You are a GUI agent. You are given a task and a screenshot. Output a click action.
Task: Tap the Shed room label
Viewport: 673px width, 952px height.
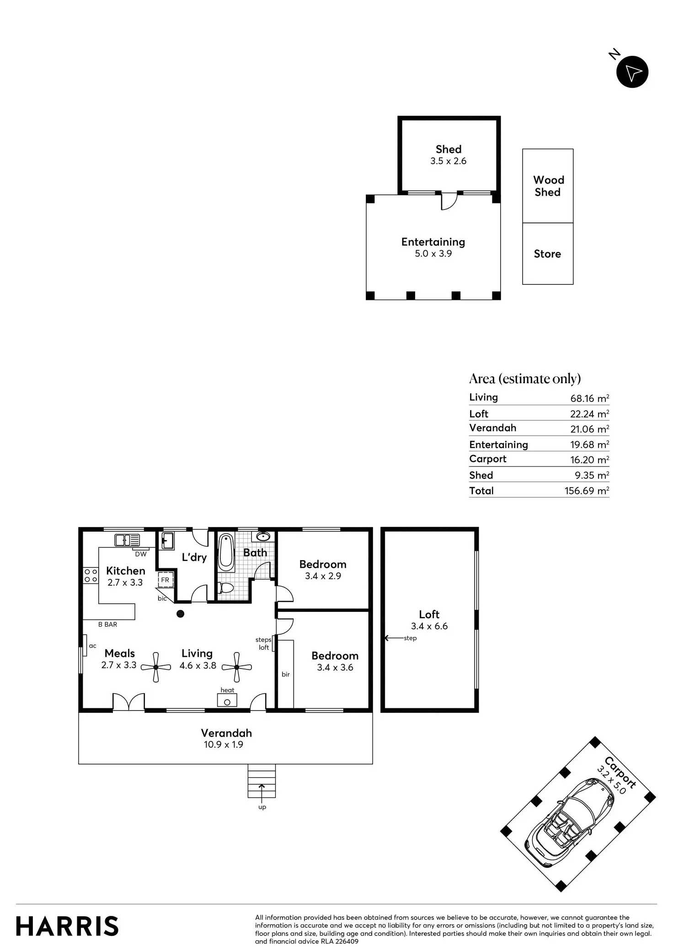(x=448, y=150)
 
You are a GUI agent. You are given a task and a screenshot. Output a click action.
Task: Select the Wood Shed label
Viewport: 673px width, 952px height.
(x=548, y=186)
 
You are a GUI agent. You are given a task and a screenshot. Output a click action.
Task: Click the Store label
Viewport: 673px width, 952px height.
(x=547, y=254)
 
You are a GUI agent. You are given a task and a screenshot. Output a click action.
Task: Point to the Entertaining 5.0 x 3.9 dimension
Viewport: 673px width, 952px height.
(x=433, y=254)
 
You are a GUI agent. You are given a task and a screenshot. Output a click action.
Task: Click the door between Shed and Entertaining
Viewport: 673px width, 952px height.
(x=449, y=201)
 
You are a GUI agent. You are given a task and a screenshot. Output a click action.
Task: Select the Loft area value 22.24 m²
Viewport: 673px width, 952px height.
(x=589, y=414)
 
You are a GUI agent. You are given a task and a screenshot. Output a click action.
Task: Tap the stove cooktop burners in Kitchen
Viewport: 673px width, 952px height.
(x=91, y=576)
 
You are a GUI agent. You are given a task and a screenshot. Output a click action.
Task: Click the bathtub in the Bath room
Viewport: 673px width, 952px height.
(x=226, y=552)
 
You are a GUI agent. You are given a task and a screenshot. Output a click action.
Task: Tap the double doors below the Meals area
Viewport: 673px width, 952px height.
(x=128, y=703)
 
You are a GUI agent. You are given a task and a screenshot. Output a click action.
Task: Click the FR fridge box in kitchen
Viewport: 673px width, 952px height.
(x=165, y=580)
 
